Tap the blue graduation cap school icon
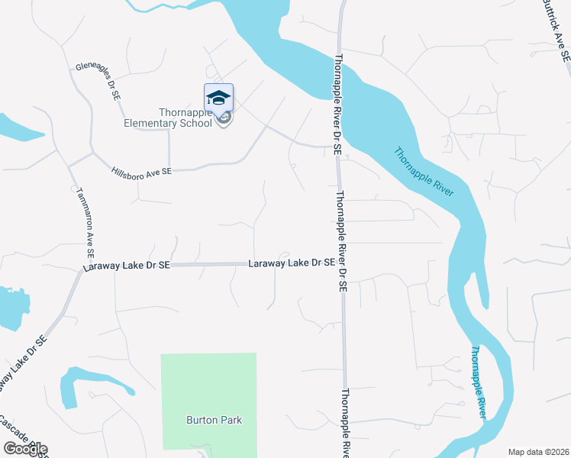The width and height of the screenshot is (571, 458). coord(218,98)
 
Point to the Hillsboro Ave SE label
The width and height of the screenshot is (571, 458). coord(141,173)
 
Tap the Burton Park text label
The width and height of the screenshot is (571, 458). coord(208,419)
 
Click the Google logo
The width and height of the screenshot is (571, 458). coord(25,448)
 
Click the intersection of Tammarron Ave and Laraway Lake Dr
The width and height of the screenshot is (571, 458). coord(82,268)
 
